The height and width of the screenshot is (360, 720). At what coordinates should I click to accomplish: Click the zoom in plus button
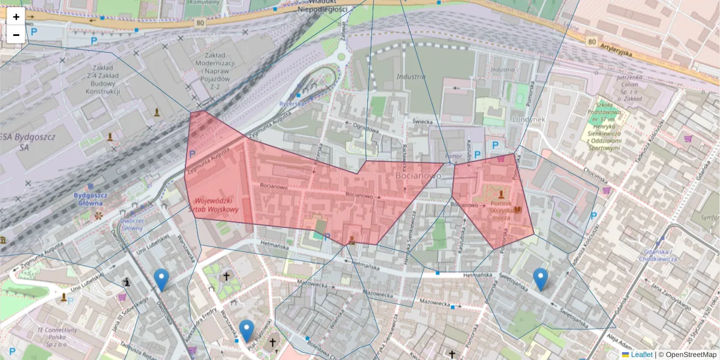tap(16, 17)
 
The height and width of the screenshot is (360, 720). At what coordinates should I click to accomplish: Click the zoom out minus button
tap(16, 35)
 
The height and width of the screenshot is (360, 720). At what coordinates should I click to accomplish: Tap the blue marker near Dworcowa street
tap(161, 280)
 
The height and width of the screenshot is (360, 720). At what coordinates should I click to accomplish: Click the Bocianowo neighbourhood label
tap(418, 176)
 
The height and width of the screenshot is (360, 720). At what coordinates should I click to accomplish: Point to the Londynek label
tap(529, 119)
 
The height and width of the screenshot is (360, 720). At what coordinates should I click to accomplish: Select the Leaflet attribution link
tap(641, 355)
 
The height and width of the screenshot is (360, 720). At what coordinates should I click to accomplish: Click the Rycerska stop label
tap(292, 103)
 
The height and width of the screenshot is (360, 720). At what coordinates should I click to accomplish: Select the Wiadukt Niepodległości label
tap(324, 5)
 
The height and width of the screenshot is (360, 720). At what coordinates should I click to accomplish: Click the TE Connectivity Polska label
tap(56, 334)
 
